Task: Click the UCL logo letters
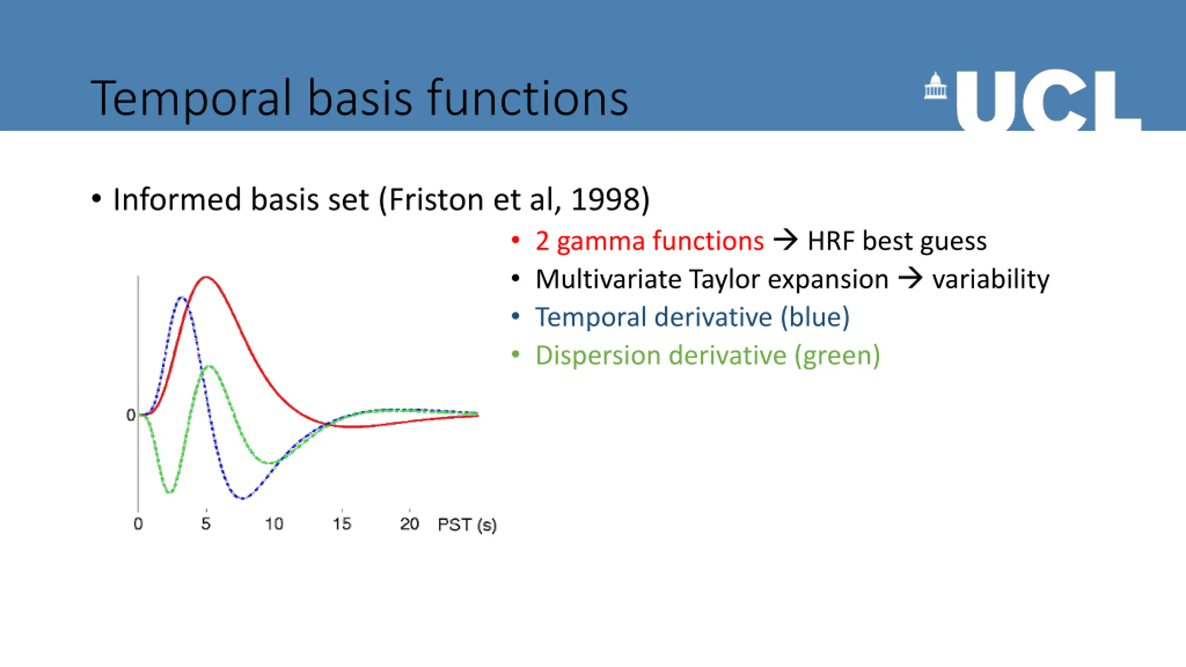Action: click(x=1049, y=101)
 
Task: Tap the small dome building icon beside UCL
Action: click(x=935, y=86)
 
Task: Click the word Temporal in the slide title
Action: click(x=191, y=98)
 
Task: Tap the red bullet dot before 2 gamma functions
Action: click(x=516, y=240)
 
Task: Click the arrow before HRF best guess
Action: click(x=786, y=240)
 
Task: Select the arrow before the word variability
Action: click(x=910, y=279)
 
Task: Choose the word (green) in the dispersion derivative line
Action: click(x=837, y=356)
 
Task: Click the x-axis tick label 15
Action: click(x=342, y=524)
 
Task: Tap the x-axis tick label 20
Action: click(x=410, y=524)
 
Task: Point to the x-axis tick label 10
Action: click(x=274, y=524)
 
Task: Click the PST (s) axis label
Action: click(x=467, y=525)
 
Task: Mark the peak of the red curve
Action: click(x=206, y=277)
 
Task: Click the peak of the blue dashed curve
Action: click(x=182, y=297)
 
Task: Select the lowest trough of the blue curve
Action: click(x=243, y=499)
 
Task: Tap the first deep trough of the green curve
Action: click(x=170, y=492)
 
